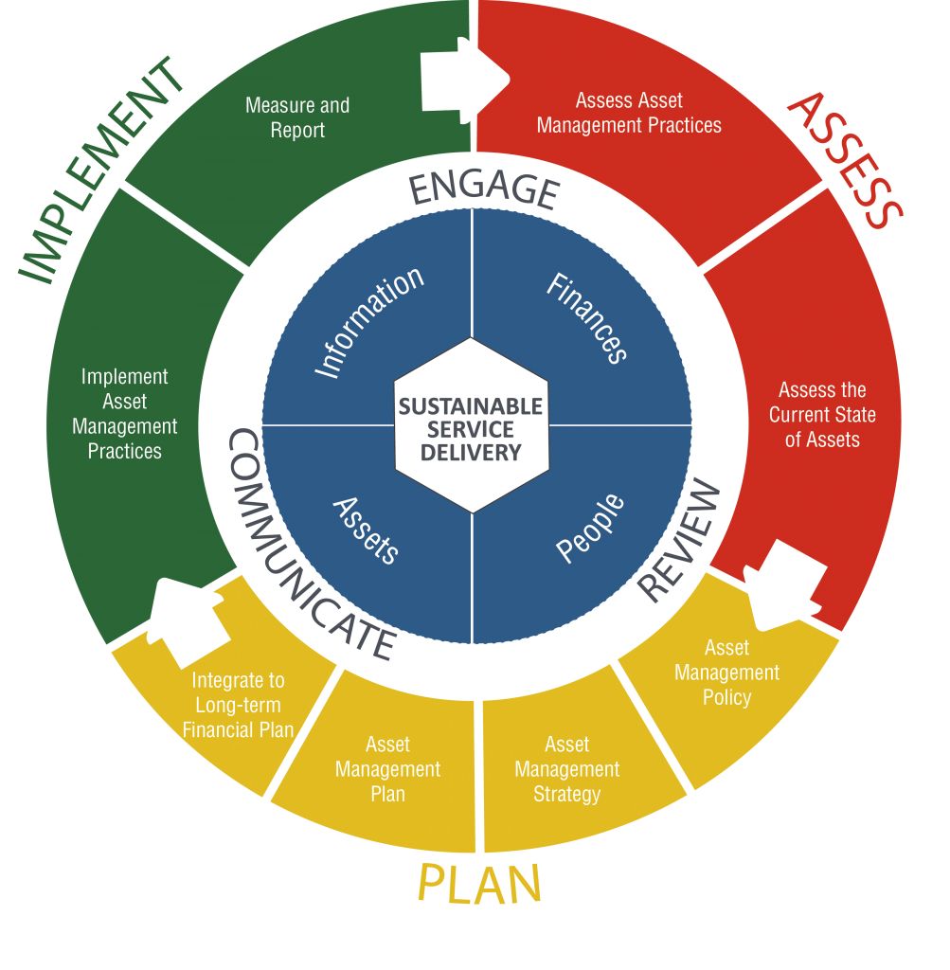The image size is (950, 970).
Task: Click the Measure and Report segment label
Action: (297, 117)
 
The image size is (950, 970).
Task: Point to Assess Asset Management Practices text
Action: (629, 113)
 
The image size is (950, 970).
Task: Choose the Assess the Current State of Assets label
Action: (822, 415)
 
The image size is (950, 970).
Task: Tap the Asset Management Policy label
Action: (727, 673)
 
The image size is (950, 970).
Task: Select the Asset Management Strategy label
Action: (566, 769)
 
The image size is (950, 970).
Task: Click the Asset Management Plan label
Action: (387, 769)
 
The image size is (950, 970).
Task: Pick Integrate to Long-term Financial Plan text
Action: (238, 705)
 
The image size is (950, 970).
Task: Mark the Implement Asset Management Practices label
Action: (125, 414)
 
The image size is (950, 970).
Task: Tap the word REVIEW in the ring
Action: (678, 541)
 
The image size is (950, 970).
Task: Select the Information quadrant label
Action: (369, 322)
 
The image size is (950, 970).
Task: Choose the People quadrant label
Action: (589, 527)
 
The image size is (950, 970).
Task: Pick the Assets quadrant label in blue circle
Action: (367, 530)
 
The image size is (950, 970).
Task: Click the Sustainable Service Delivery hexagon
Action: (471, 429)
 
